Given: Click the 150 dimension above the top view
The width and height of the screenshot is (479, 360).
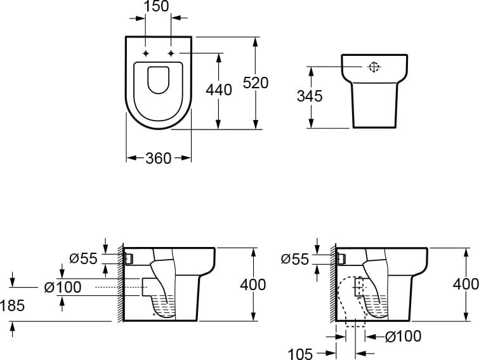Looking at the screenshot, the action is pyautogui.click(x=156, y=6).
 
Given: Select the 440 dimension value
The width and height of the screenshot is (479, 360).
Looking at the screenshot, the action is pyautogui.click(x=219, y=90).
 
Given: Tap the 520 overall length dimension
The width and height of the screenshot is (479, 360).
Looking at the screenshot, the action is pyautogui.click(x=256, y=83).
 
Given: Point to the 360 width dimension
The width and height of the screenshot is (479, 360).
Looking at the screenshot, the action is pyautogui.click(x=158, y=158).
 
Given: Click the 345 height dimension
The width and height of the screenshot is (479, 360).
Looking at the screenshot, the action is pyautogui.click(x=310, y=96).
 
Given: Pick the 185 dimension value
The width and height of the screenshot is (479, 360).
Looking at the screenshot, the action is pyautogui.click(x=12, y=305).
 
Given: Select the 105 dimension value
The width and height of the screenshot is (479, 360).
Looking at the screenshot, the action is pyautogui.click(x=300, y=354).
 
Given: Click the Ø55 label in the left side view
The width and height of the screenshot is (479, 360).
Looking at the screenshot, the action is pyautogui.click(x=83, y=258).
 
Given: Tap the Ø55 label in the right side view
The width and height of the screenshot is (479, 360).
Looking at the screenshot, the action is pyautogui.click(x=295, y=260).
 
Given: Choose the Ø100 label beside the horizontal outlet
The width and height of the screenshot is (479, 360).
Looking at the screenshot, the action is pyautogui.click(x=63, y=287).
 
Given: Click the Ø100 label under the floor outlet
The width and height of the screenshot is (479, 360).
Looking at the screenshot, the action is pyautogui.click(x=403, y=337).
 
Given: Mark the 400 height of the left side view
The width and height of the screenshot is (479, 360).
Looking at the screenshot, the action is pyautogui.click(x=253, y=285).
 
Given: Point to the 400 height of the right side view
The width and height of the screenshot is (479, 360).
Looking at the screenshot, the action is pyautogui.click(x=466, y=284).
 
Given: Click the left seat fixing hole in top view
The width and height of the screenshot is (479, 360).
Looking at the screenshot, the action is pyautogui.click(x=146, y=53).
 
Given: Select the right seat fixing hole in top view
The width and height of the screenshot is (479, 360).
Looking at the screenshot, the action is pyautogui.click(x=171, y=53).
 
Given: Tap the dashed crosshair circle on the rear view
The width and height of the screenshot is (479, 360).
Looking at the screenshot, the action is pyautogui.click(x=374, y=67).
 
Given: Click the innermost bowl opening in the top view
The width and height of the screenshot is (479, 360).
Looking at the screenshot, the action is pyautogui.click(x=158, y=80).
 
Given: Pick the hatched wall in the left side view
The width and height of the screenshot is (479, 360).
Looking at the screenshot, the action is pyautogui.click(x=121, y=283).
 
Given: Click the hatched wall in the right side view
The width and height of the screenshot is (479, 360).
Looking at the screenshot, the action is pyautogui.click(x=333, y=283).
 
